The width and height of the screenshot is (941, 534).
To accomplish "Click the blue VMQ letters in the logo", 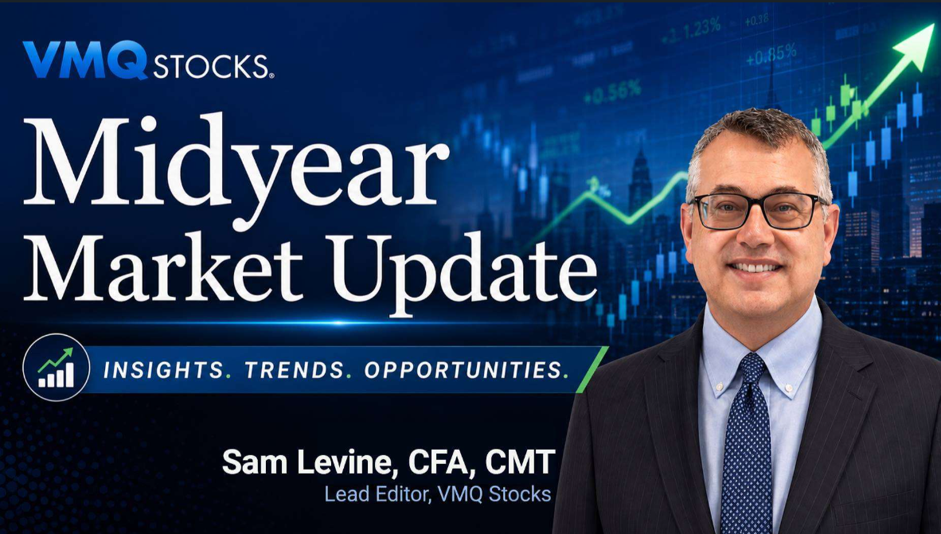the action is click(x=85, y=60).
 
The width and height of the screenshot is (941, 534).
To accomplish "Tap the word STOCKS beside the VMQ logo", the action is click(x=212, y=65).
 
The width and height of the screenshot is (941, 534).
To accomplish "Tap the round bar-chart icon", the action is click(x=56, y=367).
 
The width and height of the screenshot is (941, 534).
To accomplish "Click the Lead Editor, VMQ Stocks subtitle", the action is click(x=438, y=494).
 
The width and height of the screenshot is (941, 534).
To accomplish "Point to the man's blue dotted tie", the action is click(x=746, y=444).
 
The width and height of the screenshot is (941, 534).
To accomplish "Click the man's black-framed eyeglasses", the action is click(x=757, y=211).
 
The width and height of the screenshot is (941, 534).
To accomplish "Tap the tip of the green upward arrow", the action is click(x=935, y=25).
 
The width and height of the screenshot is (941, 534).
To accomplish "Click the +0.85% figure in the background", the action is click(x=771, y=55).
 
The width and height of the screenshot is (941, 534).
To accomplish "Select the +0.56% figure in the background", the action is click(x=612, y=93).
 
